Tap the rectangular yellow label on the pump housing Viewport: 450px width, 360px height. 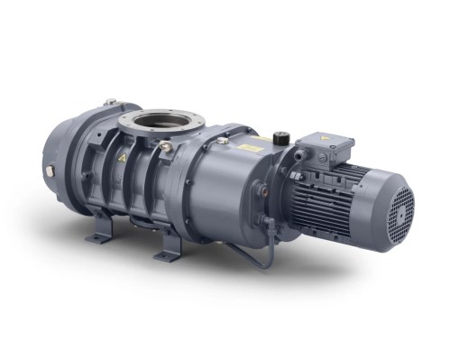(x=250, y=146)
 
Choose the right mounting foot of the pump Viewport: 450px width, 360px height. (x=169, y=253)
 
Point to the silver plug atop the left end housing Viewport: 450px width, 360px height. (x=109, y=102)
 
